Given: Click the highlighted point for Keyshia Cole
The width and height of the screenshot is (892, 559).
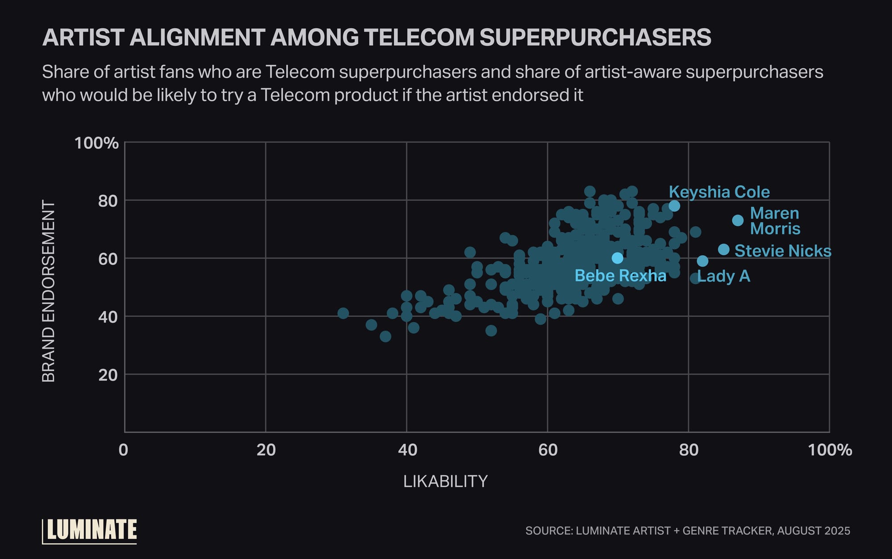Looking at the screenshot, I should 674,206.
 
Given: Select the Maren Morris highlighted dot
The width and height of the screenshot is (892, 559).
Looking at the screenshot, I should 738,220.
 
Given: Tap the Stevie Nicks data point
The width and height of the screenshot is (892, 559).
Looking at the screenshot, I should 724,249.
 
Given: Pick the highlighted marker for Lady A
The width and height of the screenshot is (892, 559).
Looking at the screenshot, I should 702,261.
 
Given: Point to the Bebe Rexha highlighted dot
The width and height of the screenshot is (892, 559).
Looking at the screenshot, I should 617,258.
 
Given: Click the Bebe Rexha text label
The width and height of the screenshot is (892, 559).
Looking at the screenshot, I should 620,276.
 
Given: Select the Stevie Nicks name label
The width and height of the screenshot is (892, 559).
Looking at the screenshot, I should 783,251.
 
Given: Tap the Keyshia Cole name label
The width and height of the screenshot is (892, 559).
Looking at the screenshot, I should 719,192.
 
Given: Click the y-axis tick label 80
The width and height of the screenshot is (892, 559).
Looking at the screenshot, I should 108,201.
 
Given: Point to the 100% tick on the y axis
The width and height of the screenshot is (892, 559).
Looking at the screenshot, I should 96,143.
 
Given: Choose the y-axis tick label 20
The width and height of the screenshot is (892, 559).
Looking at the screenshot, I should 108,375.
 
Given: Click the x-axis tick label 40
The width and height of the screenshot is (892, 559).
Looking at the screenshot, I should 407,450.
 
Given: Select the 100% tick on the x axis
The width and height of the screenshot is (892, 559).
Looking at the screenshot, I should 830,450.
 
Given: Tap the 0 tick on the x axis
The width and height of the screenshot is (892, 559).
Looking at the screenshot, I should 124,450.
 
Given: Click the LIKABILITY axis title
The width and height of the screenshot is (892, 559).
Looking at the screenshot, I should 445,481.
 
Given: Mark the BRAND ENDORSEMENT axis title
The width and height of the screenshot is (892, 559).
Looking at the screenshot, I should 48,291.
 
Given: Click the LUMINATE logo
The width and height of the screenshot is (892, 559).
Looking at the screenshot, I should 91,530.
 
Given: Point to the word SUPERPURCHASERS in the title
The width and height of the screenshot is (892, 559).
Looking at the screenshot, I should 595,37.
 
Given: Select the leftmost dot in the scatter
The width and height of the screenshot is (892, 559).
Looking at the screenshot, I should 343,313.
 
